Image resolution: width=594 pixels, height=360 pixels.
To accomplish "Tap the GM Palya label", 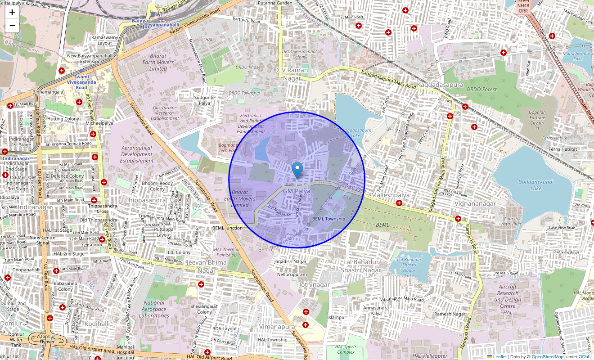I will pyautogui.click(x=297, y=191).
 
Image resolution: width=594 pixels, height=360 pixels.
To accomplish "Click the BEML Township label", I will pyautogui.click(x=328, y=219).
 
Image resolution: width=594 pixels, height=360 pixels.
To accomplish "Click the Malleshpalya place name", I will pyautogui.click(x=390, y=195).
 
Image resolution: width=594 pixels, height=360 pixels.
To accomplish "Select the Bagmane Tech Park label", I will pyautogui.click(x=228, y=148).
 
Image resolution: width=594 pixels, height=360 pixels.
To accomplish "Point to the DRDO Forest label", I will pyautogui.click(x=481, y=89).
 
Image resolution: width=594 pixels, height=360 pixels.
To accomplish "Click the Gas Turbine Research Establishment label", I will pyautogui.click(x=165, y=113).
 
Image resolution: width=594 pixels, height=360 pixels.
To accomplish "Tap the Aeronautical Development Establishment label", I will pyautogui.click(x=137, y=154).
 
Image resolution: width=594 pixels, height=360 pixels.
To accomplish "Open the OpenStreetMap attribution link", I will pyautogui.click(x=547, y=357).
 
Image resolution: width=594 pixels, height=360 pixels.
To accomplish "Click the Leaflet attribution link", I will pyautogui.click(x=499, y=357).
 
